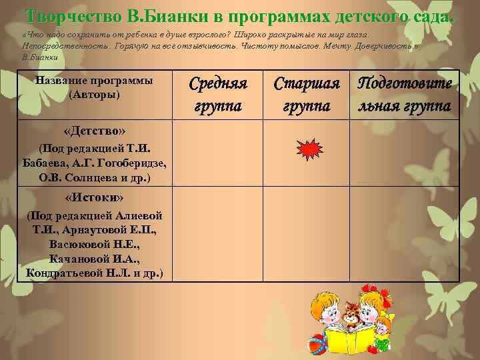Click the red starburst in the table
(x=307, y=152)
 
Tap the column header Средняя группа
(x=218, y=94)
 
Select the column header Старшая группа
(x=307, y=94)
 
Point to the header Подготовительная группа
(x=404, y=94)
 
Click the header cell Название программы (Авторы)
(x=94, y=87)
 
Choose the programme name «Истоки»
(x=94, y=198)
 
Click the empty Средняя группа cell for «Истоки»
(x=218, y=233)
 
